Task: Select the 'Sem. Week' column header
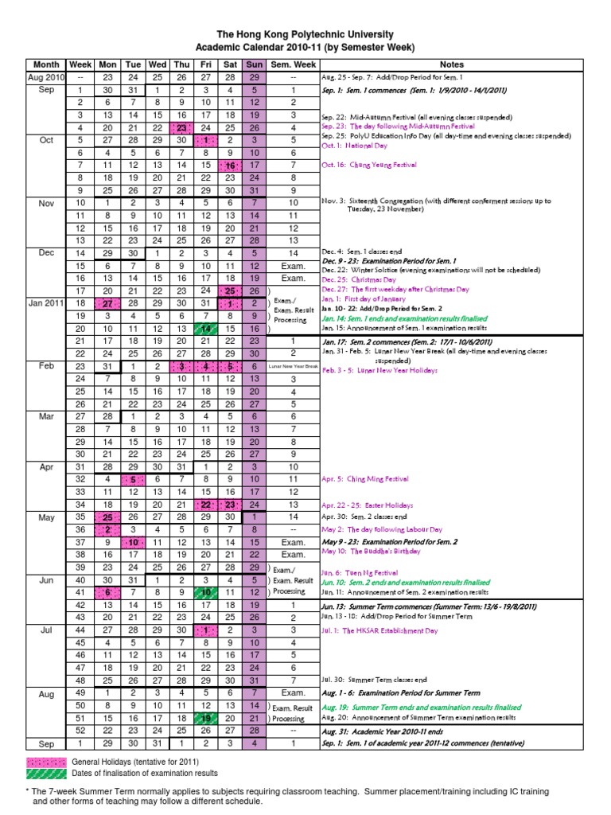pyautogui.click(x=293, y=64)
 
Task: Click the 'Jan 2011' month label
pyautogui.click(x=46, y=303)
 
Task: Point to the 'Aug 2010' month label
pyautogui.click(x=46, y=77)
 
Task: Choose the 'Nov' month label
pyautogui.click(x=46, y=203)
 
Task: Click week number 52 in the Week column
pyautogui.click(x=80, y=731)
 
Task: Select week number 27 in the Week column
pyautogui.click(x=80, y=416)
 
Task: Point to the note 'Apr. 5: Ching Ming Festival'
pyautogui.click(x=365, y=480)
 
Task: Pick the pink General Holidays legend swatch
pyautogui.click(x=46, y=761)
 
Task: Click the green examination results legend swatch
pyautogui.click(x=46, y=773)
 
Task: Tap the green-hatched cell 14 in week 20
pyautogui.click(x=205, y=329)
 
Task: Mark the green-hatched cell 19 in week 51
pyautogui.click(x=205, y=718)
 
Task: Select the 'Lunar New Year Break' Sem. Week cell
pyautogui.click(x=293, y=366)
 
